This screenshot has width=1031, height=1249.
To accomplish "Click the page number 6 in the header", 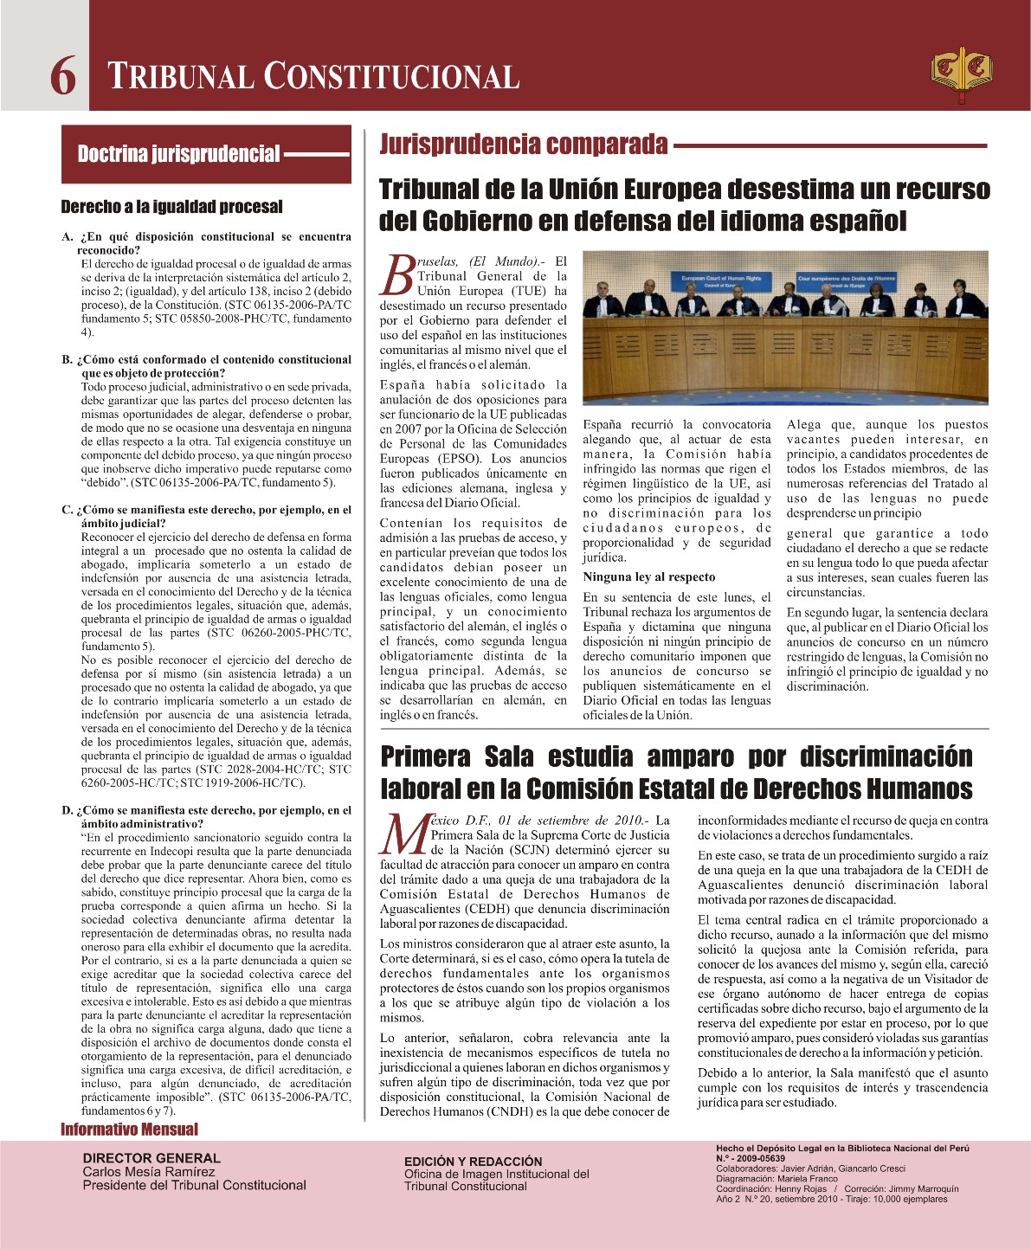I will (62, 76).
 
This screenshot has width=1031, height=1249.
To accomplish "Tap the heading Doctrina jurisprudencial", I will (178, 154).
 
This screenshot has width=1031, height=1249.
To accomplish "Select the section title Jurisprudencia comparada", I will (524, 144).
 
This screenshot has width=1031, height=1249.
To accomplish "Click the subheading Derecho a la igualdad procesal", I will (171, 207).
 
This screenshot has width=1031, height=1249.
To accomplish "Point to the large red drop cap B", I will (397, 275).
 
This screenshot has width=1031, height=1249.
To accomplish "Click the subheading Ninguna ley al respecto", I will (649, 577).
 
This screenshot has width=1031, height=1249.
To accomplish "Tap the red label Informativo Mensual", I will (129, 1130).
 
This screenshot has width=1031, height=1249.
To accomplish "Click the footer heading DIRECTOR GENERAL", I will (151, 1158).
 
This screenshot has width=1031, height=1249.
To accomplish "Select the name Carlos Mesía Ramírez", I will (149, 1172).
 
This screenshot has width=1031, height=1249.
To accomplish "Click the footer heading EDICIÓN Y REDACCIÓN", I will (473, 1162).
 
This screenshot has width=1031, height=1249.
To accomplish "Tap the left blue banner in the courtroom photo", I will (721, 281).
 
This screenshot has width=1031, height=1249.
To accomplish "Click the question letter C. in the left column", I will (67, 510).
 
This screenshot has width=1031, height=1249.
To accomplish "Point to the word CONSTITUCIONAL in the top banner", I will (391, 76).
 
